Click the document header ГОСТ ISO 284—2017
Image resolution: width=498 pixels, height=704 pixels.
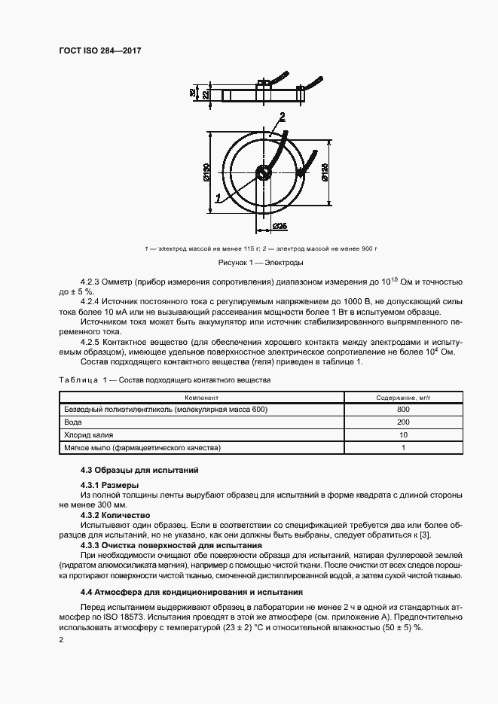pos(99,51)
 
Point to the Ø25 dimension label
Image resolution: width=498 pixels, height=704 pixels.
pos(280,225)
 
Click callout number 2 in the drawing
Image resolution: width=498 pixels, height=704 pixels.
pos(281,116)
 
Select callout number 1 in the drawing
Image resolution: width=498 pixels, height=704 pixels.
pos(218,198)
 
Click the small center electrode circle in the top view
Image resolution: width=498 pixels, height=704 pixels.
pos(262,172)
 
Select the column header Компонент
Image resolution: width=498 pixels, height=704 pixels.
pos(200,397)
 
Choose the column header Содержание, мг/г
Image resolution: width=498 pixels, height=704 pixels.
pos(403,397)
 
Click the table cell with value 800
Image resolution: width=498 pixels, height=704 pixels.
pos(403,410)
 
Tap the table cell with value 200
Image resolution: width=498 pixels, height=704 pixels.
pos(403,422)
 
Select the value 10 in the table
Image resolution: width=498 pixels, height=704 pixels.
pos(403,435)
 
